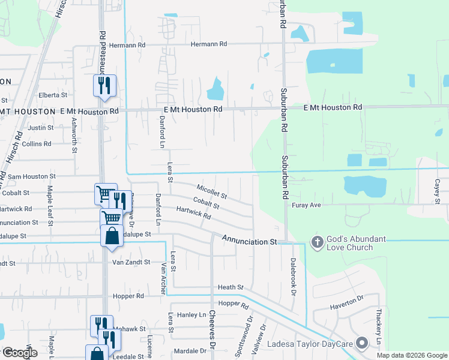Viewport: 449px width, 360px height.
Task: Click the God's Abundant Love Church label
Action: tap(358, 242)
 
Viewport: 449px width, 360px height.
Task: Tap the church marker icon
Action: tap(318, 242)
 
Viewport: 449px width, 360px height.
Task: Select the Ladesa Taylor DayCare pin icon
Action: tap(361, 343)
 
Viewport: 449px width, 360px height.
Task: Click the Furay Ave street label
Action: tap(307, 205)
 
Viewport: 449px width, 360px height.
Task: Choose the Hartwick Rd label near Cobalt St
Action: tap(193, 212)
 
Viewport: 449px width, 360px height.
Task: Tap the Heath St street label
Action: tap(231, 288)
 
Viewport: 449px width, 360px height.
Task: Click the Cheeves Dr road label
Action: tap(212, 332)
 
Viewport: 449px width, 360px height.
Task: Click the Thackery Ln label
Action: tap(379, 324)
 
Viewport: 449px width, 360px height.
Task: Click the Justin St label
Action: tap(41, 128)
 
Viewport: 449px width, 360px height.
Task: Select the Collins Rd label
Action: tap(37, 144)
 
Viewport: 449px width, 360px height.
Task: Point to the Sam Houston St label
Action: tap(31, 176)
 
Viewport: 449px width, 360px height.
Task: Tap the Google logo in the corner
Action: tap(20, 353)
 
